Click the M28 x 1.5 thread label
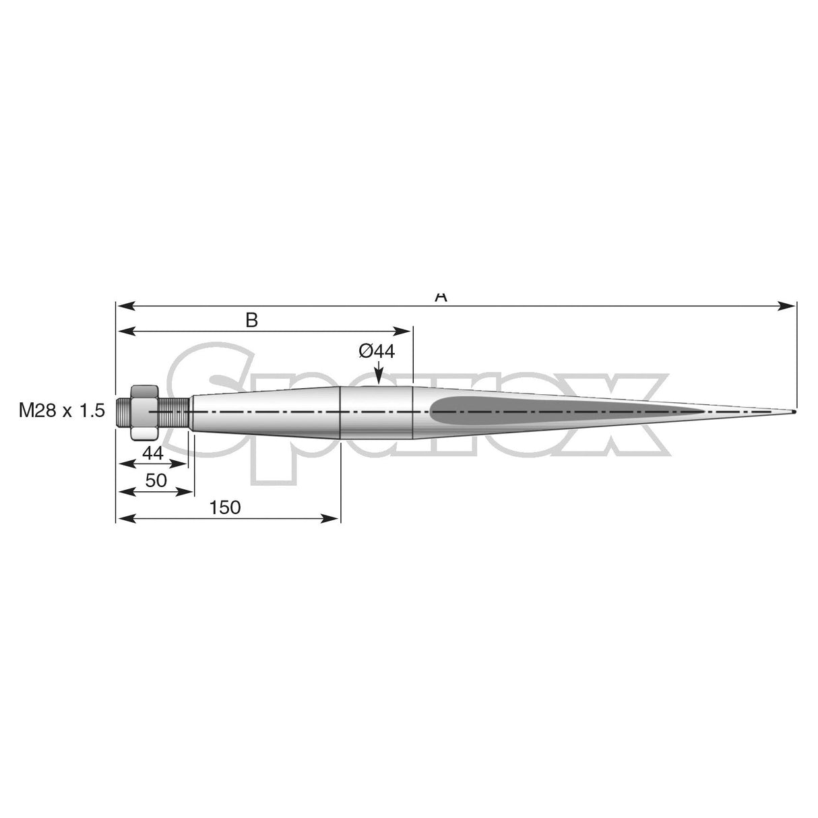click(62, 411)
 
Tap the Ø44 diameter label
click(377, 351)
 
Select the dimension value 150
click(225, 507)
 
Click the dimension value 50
click(156, 481)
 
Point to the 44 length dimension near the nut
click(153, 453)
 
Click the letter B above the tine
click(251, 320)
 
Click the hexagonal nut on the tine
click(144, 412)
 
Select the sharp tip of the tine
click(794, 412)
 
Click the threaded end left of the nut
click(123, 412)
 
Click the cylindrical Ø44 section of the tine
click(376, 412)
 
